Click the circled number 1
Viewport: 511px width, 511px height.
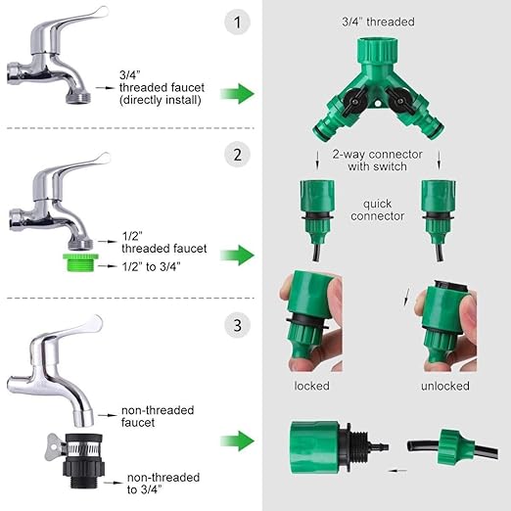[x=237, y=23]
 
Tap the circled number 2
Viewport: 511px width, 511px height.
[x=237, y=155]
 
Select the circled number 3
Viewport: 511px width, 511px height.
[x=237, y=325]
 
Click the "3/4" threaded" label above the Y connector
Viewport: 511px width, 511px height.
[x=378, y=22]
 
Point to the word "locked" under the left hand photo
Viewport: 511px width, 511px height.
[x=311, y=386]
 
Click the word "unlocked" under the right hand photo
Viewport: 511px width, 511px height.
[x=445, y=386]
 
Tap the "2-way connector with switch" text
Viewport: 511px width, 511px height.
[x=377, y=161]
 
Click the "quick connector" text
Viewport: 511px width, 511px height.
[x=377, y=209]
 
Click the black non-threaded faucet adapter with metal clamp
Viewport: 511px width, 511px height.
[x=83, y=460]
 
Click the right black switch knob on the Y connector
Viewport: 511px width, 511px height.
[x=400, y=101]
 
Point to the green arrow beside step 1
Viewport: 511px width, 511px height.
[x=237, y=94]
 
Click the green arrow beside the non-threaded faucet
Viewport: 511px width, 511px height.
[x=237, y=441]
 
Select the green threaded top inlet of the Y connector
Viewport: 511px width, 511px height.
[x=378, y=51]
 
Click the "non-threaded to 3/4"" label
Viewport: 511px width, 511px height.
[x=163, y=484]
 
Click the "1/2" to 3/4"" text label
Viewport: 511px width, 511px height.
[x=151, y=266]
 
